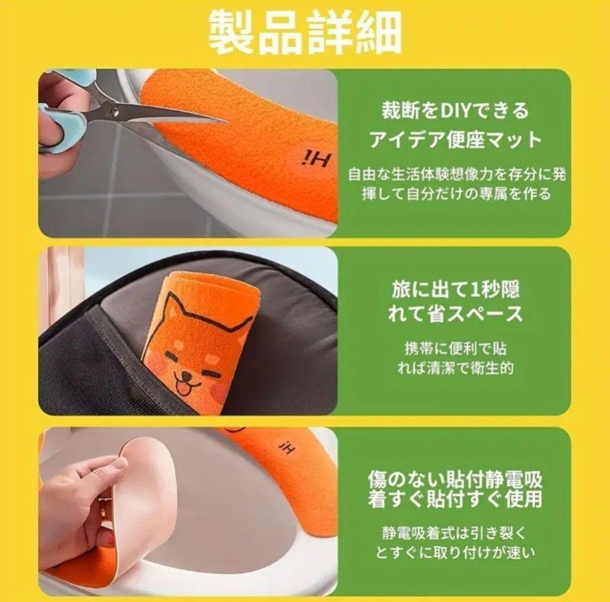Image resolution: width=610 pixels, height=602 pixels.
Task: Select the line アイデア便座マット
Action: click(x=455, y=139)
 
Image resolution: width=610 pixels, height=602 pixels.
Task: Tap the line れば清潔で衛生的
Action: click(x=455, y=368)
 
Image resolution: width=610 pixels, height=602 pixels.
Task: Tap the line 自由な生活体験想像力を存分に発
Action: click(x=457, y=175)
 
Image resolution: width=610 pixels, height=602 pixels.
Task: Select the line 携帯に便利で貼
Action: click(x=455, y=348)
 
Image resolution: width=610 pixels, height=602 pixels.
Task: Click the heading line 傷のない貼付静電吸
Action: click(x=455, y=479)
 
